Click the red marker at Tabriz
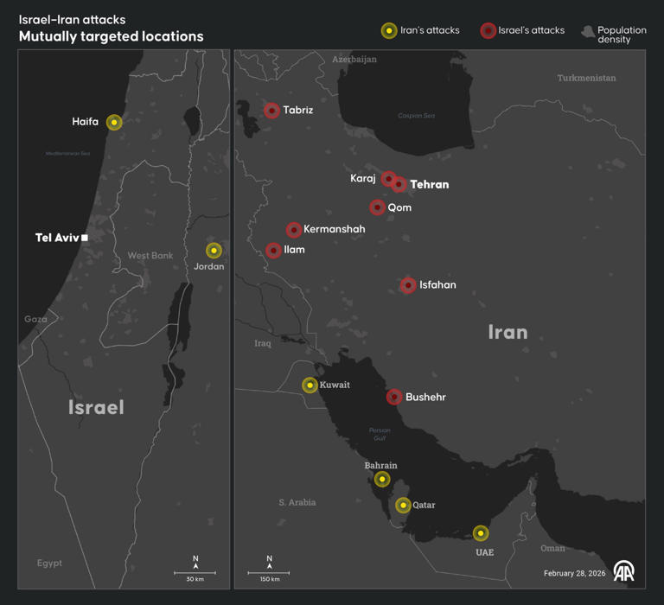tap(271, 111)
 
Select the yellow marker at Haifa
tap(114, 123)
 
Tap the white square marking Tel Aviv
tap(85, 237)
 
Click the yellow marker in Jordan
tap(214, 251)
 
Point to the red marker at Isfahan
tap(408, 285)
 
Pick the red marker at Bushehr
tap(394, 397)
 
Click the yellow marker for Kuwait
tap(310, 385)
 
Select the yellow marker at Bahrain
tap(382, 479)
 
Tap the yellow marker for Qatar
tap(403, 505)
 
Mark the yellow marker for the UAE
tap(481, 533)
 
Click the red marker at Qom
tap(377, 207)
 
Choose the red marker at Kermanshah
tap(294, 230)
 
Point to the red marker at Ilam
tap(273, 251)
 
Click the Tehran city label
tap(429, 185)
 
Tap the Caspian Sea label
tap(416, 116)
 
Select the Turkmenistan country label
tap(586, 78)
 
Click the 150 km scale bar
tap(269, 573)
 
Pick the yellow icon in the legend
tap(389, 30)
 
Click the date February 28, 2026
tap(574, 573)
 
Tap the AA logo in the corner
tap(624, 571)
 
